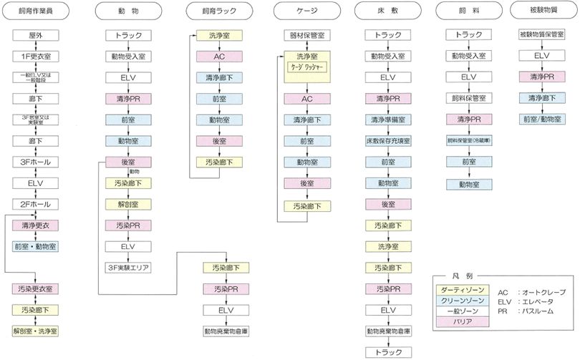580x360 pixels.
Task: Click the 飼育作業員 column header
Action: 35,11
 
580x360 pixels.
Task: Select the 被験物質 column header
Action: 541,11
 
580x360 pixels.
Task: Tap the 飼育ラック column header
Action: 221,11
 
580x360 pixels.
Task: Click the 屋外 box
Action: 35,34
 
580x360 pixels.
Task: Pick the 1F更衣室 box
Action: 35,56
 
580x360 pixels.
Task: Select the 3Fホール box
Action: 35,162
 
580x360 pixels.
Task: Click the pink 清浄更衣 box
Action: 35,225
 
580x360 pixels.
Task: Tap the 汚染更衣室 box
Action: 35,288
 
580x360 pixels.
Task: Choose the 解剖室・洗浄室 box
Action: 35,331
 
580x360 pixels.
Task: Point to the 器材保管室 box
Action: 306,34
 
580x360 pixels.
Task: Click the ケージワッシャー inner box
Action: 306,67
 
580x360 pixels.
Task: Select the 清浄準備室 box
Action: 387,119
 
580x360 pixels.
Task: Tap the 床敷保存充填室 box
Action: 387,140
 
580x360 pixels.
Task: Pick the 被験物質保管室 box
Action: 541,34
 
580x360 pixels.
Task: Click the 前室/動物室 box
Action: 541,119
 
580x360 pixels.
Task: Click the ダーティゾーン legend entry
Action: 463,289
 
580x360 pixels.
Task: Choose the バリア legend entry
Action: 463,321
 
